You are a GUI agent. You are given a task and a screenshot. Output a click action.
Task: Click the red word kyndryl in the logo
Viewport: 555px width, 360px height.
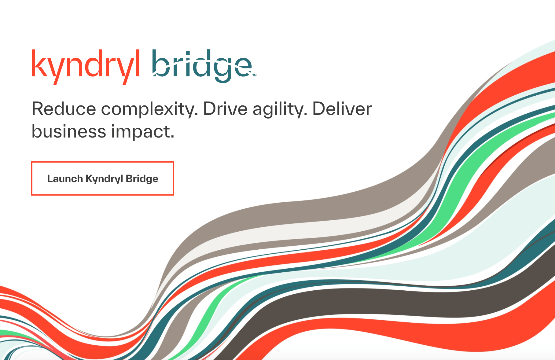point(86,67)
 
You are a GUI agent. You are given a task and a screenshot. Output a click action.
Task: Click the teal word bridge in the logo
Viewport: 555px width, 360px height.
point(202,66)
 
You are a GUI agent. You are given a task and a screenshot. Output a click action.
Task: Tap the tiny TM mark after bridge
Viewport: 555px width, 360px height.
point(255,75)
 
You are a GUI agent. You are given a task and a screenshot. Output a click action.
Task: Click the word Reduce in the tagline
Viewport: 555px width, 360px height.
point(64,109)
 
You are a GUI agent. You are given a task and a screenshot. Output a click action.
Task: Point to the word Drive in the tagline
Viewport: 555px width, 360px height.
point(225,109)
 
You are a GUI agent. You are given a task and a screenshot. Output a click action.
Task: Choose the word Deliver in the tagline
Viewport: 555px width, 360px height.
point(342,109)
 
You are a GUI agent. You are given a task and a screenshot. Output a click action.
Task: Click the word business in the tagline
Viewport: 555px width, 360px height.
point(69,131)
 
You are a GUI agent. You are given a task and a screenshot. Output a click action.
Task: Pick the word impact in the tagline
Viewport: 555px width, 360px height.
point(143,132)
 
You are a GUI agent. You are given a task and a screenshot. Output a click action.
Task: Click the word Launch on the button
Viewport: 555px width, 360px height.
point(65,178)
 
